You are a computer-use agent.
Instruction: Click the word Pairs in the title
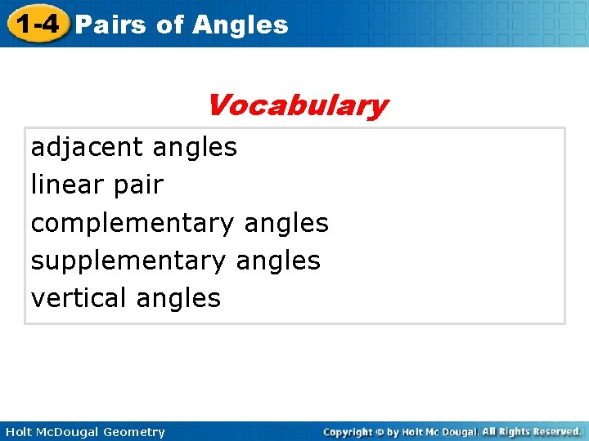[x=110, y=24]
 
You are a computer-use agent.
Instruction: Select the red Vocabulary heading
[x=296, y=105]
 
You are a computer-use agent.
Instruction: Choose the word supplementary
[x=127, y=261]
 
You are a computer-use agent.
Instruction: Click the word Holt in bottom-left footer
[x=17, y=432]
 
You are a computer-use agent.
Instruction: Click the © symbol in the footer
[x=380, y=431]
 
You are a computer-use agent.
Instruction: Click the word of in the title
[x=169, y=24]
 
